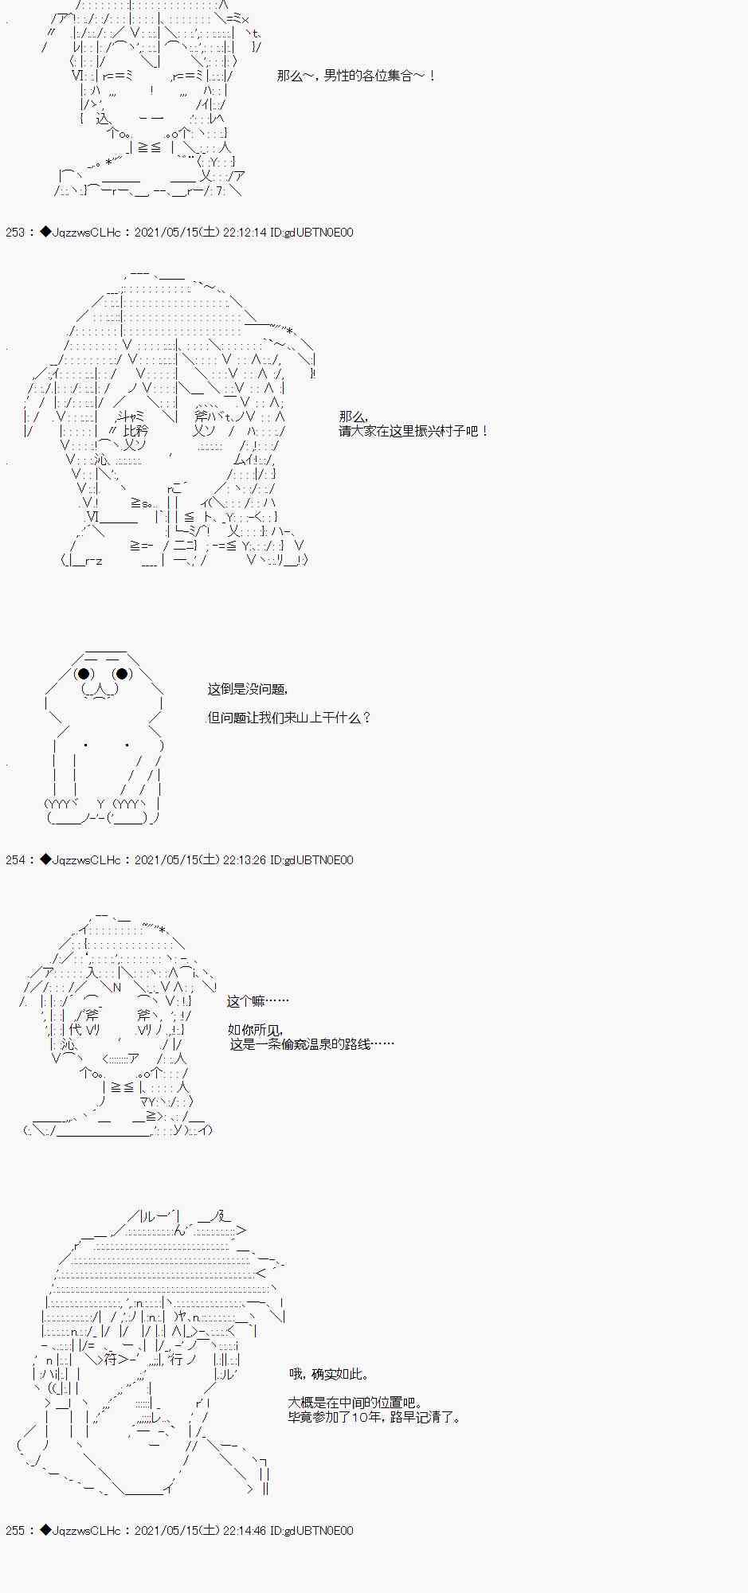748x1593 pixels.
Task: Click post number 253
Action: [x=15, y=233]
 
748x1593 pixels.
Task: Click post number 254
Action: [x=15, y=860]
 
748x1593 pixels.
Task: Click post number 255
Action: [x=15, y=1531]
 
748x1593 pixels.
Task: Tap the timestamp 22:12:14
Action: [x=244, y=233]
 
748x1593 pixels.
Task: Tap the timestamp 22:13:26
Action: [x=244, y=860]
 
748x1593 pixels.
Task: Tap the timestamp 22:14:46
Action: [x=244, y=1531]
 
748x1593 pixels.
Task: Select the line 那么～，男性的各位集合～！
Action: [x=357, y=76]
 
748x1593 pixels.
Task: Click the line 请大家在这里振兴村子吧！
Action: [x=414, y=431]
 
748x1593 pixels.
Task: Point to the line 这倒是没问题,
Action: [x=248, y=690]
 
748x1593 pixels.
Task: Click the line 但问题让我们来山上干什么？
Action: [x=289, y=718]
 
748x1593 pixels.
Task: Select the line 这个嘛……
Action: [x=258, y=1001]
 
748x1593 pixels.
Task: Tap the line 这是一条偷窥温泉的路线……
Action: [x=311, y=1044]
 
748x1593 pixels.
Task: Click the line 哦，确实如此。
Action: [x=330, y=1374]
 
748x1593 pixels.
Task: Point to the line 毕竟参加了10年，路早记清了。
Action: [x=374, y=1418]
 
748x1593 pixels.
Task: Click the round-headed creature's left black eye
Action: [x=84, y=675]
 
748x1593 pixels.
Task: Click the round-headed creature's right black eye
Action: [x=122, y=675]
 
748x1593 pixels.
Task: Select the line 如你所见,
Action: [x=255, y=1030]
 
